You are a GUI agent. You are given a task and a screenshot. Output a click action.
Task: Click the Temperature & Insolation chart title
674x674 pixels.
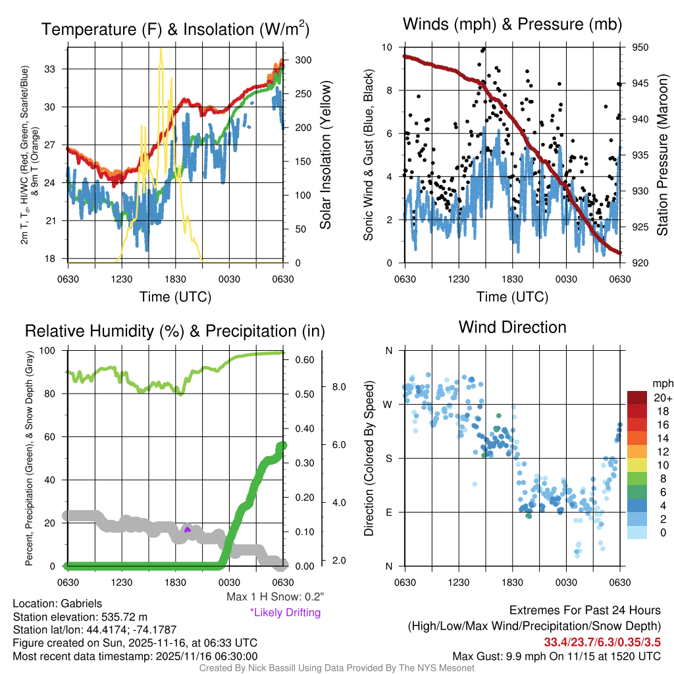tap(175, 29)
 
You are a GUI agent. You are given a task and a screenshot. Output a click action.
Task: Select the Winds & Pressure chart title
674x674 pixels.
tap(512, 24)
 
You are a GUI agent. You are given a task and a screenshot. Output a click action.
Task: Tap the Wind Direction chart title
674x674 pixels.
tap(512, 327)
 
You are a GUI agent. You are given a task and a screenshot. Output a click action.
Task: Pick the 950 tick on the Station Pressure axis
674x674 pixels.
tap(640, 47)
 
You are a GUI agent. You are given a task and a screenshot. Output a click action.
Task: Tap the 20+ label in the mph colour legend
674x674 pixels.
tap(661, 398)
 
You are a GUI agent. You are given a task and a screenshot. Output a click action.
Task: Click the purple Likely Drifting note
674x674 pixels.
tap(285, 613)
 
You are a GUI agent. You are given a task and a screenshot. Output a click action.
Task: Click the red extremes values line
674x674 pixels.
tap(602, 642)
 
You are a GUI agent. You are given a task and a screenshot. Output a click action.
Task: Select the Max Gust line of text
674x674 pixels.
tap(556, 656)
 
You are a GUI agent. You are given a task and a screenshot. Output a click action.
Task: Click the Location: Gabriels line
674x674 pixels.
tap(57, 604)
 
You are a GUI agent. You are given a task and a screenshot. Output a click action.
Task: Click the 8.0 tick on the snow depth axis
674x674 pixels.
tap(338, 386)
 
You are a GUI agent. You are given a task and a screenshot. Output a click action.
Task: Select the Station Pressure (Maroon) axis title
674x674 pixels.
tap(662, 155)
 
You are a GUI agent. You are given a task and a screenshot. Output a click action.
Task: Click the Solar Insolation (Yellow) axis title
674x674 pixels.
tap(326, 155)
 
